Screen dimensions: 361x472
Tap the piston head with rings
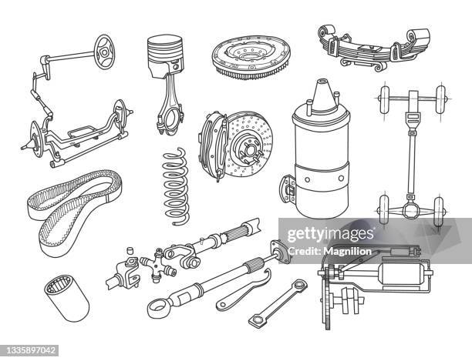(x=164, y=54)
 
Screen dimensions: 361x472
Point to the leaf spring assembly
(x=374, y=46)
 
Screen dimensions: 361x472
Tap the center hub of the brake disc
(x=240, y=142)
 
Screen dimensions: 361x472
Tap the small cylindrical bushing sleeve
(x=66, y=299)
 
